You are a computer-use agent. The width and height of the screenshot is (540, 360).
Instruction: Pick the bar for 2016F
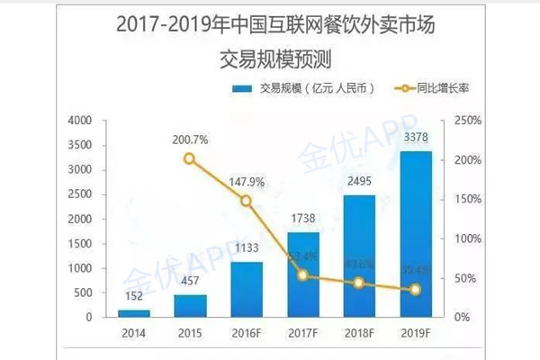[246, 289]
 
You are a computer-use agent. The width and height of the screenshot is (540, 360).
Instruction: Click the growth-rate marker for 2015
[189, 158]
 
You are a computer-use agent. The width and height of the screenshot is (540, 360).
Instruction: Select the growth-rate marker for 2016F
[246, 201]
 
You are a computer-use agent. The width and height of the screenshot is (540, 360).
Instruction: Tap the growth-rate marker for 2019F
[415, 290]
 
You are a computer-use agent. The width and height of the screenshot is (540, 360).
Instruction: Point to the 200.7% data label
[191, 139]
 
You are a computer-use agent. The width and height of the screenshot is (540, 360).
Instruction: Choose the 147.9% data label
[246, 181]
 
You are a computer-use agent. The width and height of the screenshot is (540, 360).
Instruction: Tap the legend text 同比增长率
[445, 88]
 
